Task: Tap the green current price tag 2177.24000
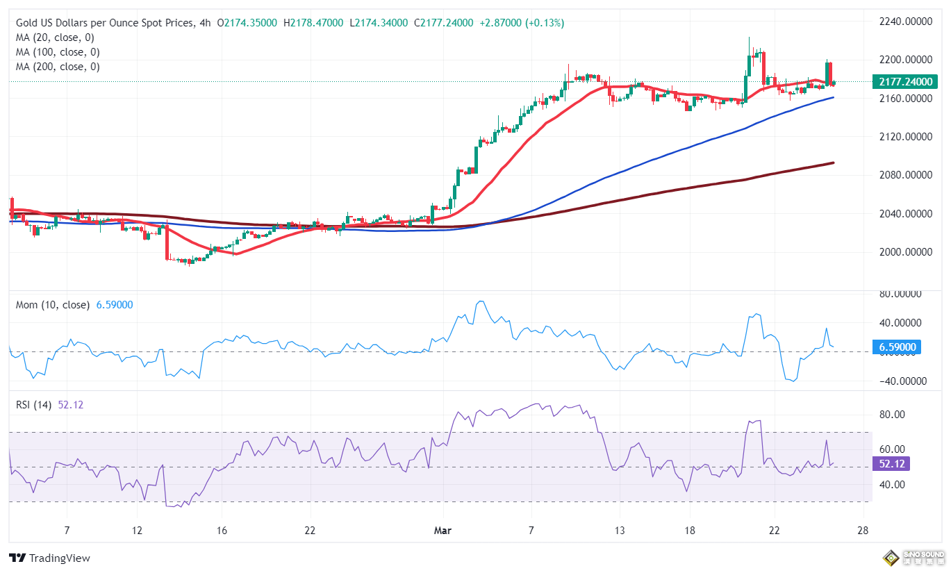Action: (x=904, y=82)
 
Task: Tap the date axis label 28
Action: (x=863, y=531)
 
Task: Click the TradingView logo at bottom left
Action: (x=49, y=558)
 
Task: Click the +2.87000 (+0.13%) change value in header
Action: (x=521, y=23)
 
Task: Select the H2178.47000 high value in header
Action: (x=313, y=23)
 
